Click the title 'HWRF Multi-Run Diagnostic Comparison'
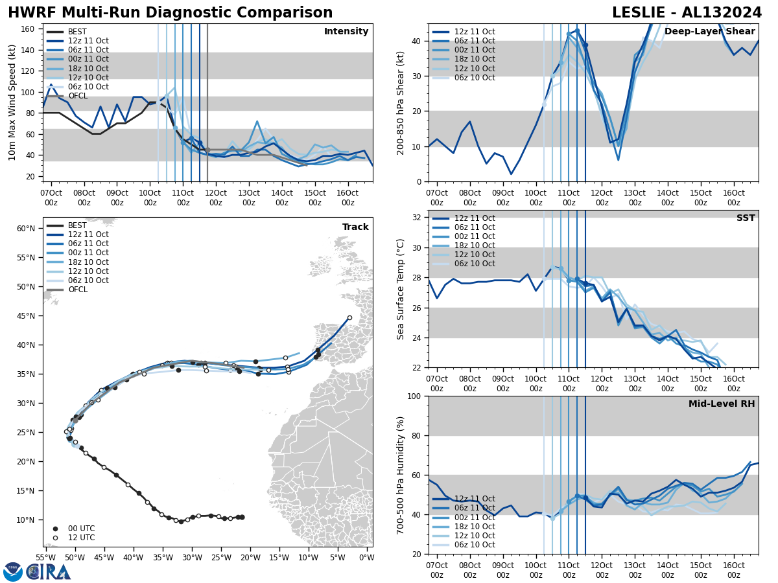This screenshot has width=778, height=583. [x=170, y=13]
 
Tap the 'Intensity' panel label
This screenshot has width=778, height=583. [x=346, y=32]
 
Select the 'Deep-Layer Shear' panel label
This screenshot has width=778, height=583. [x=710, y=32]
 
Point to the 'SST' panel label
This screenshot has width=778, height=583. [x=746, y=218]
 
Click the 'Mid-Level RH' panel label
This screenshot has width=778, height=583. [x=722, y=404]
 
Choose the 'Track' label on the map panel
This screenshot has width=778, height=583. [x=355, y=227]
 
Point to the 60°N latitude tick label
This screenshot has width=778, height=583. [x=25, y=229]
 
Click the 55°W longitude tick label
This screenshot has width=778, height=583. [x=45, y=557]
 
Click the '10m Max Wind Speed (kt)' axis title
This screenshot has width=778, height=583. [x=12, y=102]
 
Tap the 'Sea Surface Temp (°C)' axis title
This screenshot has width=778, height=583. [x=401, y=289]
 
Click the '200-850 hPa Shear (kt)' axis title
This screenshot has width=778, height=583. [x=401, y=102]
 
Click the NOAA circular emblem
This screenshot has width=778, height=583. [x=12, y=571]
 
